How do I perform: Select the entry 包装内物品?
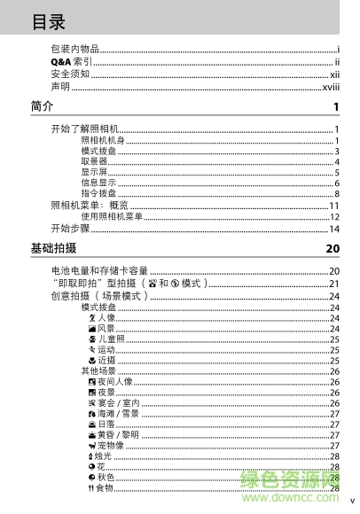point(74,49)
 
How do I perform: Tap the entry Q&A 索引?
point(71,61)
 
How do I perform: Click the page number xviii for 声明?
point(331,87)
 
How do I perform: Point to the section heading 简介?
point(42,108)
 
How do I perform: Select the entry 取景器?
point(94,161)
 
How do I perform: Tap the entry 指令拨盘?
point(98,193)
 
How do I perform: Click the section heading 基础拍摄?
point(53,248)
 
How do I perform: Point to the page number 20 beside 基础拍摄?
point(333,249)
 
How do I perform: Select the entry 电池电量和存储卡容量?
point(99,270)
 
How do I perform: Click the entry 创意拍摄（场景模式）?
point(99,295)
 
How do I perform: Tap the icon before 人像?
point(91,317)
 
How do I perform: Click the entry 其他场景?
point(98,370)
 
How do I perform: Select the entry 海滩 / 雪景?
point(118,413)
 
